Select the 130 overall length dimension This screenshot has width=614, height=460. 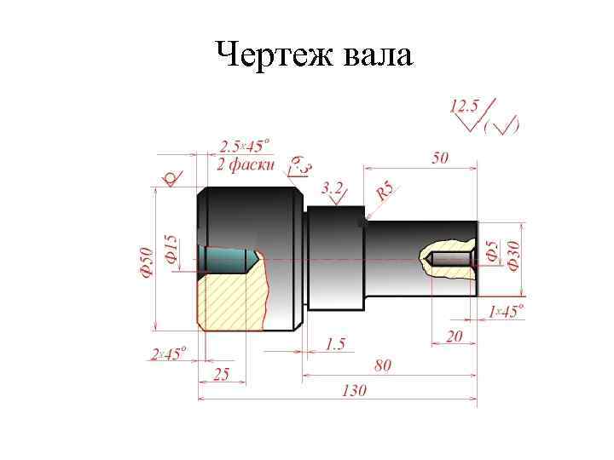353,390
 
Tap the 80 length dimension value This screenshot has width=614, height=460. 383,365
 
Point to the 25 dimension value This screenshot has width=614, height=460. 221,375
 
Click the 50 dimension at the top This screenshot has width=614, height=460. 440,158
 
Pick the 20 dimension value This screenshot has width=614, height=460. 454,336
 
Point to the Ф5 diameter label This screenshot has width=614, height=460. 492,250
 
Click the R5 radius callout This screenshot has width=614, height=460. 385,191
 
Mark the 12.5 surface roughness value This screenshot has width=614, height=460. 465,106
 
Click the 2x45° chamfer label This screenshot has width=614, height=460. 168,354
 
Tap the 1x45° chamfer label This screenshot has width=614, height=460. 507,312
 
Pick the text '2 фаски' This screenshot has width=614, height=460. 246,164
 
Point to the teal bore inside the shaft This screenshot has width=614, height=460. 226,258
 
